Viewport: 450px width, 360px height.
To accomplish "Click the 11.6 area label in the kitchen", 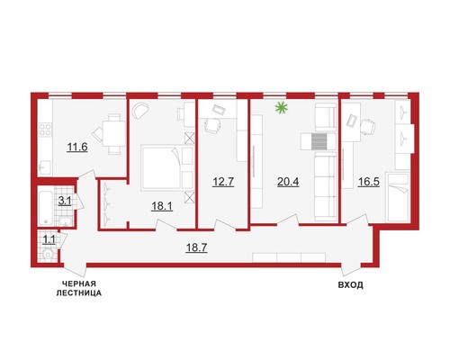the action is click(x=77, y=148).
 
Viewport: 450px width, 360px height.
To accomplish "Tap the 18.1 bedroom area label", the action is click(x=162, y=206).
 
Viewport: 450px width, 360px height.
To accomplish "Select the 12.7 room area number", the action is click(x=223, y=182).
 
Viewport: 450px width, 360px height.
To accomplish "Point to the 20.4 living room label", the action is click(x=288, y=182).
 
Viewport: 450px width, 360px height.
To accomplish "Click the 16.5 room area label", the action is click(x=369, y=182).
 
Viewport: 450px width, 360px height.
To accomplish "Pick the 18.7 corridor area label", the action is click(x=196, y=247).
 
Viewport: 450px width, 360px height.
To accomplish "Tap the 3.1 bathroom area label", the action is click(x=65, y=201).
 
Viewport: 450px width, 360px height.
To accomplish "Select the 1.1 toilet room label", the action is click(x=49, y=239).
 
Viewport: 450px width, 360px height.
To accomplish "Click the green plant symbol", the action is click(x=282, y=108).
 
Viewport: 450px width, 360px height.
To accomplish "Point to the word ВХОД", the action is click(x=351, y=285).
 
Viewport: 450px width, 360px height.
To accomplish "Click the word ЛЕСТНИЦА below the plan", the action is click(x=79, y=293).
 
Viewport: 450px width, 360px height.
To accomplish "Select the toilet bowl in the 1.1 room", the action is click(x=48, y=255).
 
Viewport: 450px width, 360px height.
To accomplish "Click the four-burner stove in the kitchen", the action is click(x=45, y=130).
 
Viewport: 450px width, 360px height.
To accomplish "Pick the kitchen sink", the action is click(x=45, y=167).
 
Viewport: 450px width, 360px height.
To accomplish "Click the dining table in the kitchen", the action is click(x=113, y=134).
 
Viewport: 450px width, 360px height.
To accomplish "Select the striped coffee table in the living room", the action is click(x=319, y=141).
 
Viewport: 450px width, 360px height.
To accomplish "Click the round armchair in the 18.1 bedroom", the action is click(x=140, y=111).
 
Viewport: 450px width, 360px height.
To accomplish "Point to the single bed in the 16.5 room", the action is click(x=398, y=198).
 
